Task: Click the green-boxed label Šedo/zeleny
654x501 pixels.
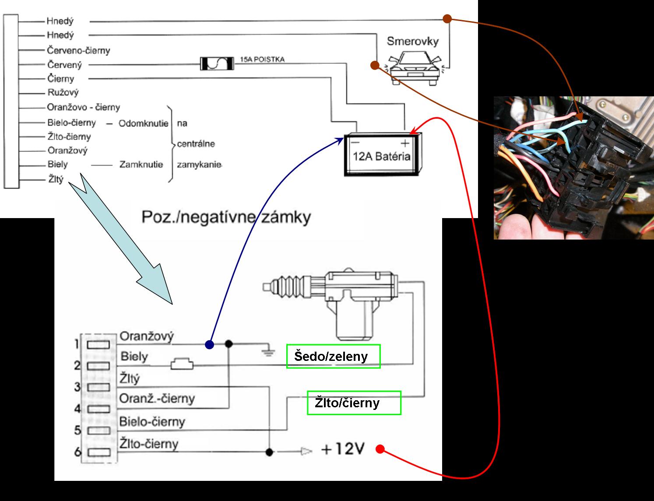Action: click(333, 356)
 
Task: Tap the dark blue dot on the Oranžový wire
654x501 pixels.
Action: click(210, 344)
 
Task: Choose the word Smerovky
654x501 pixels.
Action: click(412, 42)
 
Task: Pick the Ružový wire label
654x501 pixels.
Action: click(63, 93)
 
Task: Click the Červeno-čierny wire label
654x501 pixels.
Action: click(78, 50)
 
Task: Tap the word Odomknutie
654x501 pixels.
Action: click(143, 123)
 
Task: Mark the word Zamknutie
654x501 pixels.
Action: click(141, 165)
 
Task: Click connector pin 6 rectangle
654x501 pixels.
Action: click(98, 452)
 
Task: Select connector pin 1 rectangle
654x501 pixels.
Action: click(98, 345)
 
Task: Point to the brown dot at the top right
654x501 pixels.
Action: click(447, 18)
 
